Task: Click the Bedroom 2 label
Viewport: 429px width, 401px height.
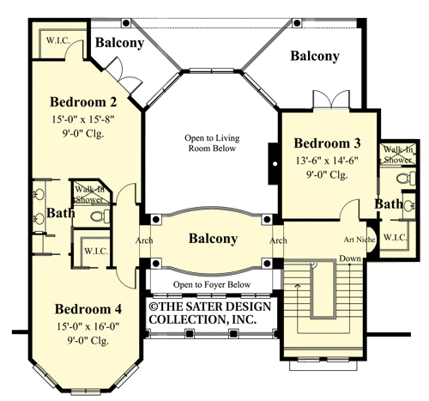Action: click(x=83, y=102)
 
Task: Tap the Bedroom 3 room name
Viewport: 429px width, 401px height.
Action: click(x=327, y=143)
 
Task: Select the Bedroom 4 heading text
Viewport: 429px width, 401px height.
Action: click(x=88, y=309)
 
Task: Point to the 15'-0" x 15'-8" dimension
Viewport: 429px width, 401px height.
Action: click(x=83, y=119)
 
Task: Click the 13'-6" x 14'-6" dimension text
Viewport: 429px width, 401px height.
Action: click(x=327, y=161)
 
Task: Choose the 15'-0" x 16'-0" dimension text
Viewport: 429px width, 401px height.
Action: click(x=88, y=326)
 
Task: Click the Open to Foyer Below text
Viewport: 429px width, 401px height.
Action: click(x=212, y=284)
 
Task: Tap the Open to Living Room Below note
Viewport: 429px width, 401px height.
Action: click(x=212, y=143)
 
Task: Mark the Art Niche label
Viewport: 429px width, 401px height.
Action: click(x=360, y=240)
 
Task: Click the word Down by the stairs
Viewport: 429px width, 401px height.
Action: click(x=350, y=258)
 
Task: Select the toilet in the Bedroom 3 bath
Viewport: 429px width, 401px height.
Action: click(x=406, y=178)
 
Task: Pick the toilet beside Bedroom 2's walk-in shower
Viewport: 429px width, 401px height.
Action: click(x=100, y=216)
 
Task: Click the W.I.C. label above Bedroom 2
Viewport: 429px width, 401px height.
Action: click(x=58, y=40)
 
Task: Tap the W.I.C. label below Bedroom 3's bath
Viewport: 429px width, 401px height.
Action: click(x=395, y=237)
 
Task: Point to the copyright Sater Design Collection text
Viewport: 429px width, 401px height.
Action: click(x=210, y=313)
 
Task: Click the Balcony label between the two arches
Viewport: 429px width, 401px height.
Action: click(x=213, y=239)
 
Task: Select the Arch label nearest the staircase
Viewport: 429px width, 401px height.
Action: click(x=278, y=240)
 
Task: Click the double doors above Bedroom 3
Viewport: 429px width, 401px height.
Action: click(x=331, y=100)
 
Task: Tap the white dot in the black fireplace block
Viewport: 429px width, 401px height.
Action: click(x=275, y=164)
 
